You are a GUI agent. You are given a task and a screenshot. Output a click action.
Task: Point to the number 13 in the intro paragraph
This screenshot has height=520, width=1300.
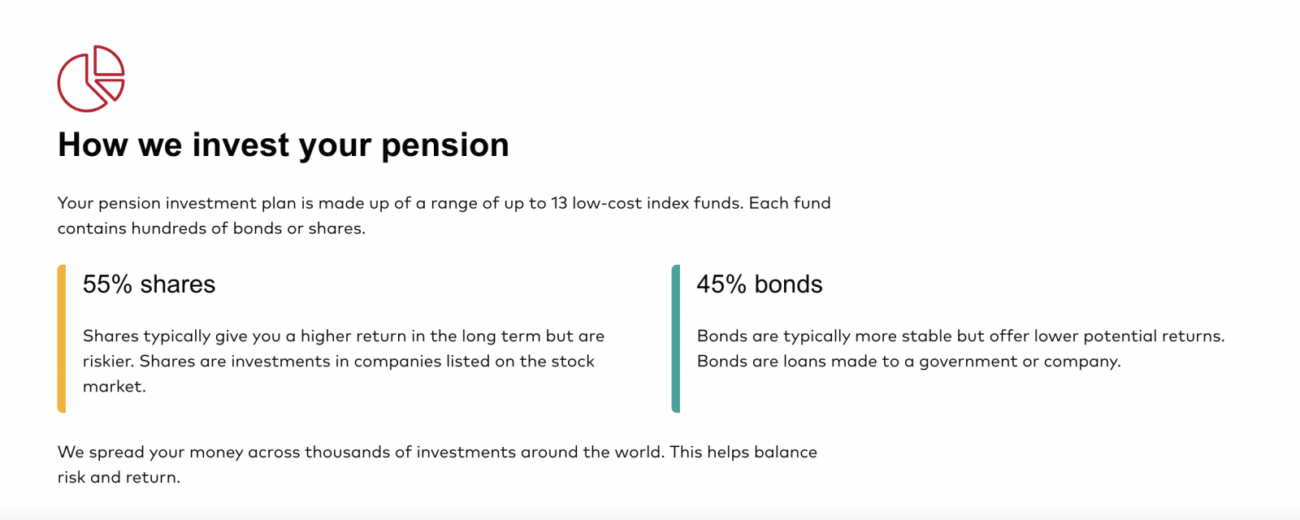(559, 203)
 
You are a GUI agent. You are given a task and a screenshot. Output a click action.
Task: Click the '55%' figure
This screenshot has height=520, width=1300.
(108, 284)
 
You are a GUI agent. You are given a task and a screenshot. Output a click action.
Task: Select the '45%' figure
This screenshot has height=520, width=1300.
(721, 284)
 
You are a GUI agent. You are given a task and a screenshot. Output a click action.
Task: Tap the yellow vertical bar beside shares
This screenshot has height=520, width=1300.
(62, 339)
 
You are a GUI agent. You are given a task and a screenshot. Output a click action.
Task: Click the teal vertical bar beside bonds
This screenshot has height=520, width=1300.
(675, 339)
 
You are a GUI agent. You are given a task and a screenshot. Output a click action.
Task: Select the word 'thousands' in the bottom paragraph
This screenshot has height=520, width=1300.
(345, 452)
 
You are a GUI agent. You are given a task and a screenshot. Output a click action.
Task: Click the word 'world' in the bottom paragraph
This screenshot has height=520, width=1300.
(638, 452)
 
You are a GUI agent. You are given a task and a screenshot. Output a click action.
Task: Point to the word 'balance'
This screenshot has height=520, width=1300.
(785, 452)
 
